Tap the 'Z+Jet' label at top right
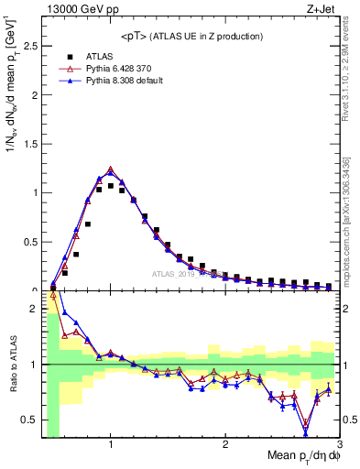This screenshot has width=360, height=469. point(320,8)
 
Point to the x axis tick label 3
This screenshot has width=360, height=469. point(339,446)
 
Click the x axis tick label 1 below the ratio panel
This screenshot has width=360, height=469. point(111,446)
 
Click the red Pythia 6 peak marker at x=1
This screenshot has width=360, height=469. point(111,169)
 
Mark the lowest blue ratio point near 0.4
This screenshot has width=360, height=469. point(306,433)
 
